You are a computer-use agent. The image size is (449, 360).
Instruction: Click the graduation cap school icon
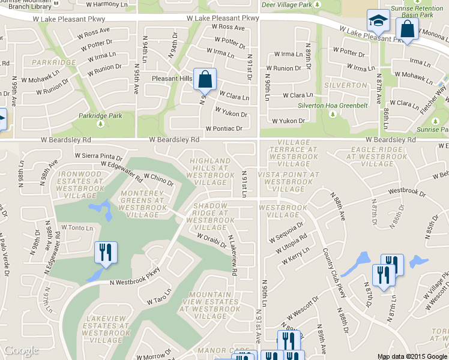point(378,23)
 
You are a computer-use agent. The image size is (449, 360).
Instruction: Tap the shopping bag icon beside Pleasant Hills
point(205,79)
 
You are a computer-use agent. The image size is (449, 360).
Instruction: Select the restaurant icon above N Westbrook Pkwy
point(106,253)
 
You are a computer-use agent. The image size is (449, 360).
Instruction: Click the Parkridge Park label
point(100,116)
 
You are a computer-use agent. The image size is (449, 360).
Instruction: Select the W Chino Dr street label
point(158,179)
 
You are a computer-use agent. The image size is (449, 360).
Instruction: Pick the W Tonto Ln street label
point(77,228)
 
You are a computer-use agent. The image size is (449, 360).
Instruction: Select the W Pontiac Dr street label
point(223,128)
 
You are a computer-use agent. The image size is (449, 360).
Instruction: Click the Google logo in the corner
point(22,350)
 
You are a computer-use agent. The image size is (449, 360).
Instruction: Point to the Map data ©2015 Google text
point(412,356)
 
